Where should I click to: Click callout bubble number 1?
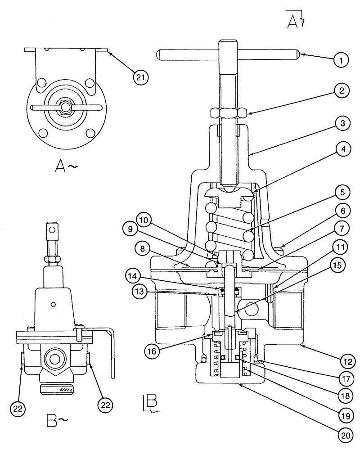pos(341,59)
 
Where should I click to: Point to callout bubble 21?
pos(142,77)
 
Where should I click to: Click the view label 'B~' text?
pos(57,421)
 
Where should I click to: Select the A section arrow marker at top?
pos(295,21)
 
